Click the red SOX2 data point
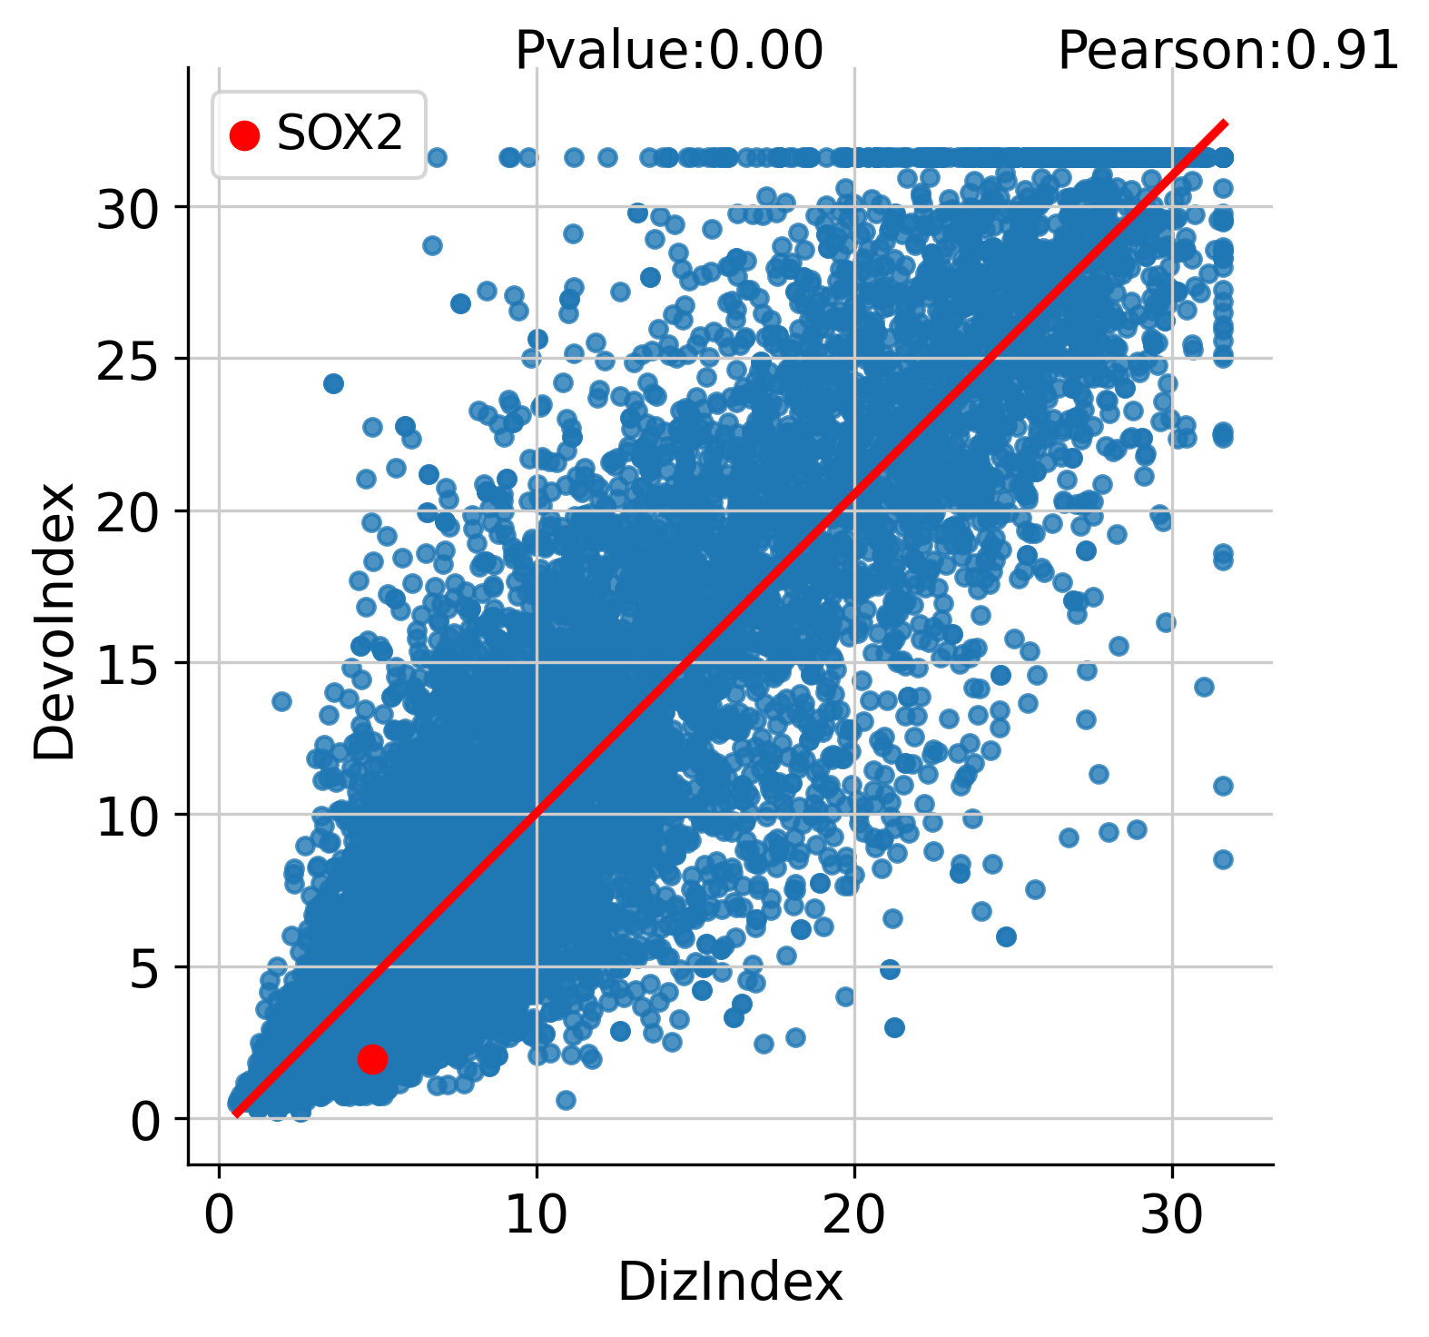[372, 1058]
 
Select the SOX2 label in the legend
[340, 134]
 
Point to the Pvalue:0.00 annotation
[669, 50]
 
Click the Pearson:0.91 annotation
[1228, 50]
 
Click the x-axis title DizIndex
[731, 1283]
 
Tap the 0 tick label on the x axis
[219, 1215]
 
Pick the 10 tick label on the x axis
[536, 1215]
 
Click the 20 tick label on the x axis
[853, 1215]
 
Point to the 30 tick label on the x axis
[1171, 1215]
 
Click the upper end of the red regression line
[1226, 123]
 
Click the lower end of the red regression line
[235, 1114]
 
